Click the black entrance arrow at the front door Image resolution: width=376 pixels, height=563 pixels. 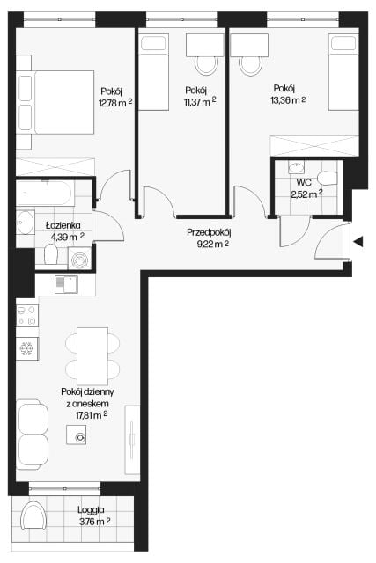(358, 242)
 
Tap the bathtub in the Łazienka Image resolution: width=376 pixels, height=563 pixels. (45, 194)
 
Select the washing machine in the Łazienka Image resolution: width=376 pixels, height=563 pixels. (79, 259)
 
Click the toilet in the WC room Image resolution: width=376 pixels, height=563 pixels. (327, 179)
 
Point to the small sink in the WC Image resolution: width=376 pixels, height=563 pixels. (296, 167)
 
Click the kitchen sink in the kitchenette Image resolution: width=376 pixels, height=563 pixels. (66, 284)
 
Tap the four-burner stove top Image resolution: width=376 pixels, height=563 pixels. (27, 315)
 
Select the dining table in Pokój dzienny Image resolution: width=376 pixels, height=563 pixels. (92, 356)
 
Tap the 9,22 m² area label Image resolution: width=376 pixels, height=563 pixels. (213, 245)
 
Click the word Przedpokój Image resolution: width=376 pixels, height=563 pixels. (209, 232)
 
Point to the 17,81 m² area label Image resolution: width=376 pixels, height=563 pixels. (92, 415)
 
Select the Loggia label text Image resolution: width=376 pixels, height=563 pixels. (91, 509)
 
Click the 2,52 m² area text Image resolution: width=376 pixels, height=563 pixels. (306, 194)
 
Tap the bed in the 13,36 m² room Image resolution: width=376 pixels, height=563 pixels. (343, 72)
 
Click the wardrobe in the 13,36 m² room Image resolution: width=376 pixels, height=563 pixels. (314, 146)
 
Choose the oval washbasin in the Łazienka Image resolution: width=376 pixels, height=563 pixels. (26, 222)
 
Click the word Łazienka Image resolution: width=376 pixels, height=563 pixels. (63, 225)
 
